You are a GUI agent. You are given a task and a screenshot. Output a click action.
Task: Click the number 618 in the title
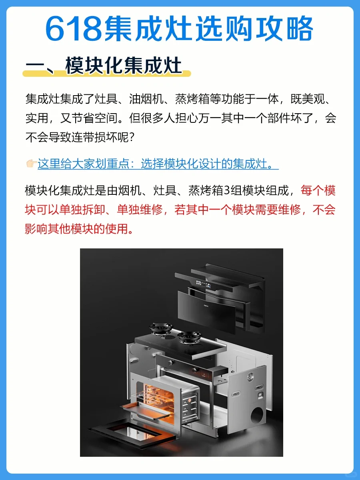coord(74,29)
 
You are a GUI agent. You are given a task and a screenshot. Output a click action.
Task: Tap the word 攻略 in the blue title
coord(284,29)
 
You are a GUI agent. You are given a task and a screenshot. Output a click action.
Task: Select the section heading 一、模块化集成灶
coord(104,65)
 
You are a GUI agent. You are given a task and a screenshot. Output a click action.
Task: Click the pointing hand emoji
coord(32,164)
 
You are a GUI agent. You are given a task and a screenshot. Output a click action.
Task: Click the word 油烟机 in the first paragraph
coord(146,99)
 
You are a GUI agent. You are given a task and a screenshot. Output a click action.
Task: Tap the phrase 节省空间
coord(95,118)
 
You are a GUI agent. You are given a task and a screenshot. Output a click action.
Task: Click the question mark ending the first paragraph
coord(131,138)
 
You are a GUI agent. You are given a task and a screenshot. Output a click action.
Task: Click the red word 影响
coord(36,229)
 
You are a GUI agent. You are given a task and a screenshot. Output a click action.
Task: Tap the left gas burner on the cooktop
coord(161,329)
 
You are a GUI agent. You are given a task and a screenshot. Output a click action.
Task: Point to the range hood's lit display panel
coord(203,284)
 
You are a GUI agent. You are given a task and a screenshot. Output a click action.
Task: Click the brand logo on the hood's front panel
coord(206,306)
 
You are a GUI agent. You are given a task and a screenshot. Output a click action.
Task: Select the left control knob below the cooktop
coord(170,362)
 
